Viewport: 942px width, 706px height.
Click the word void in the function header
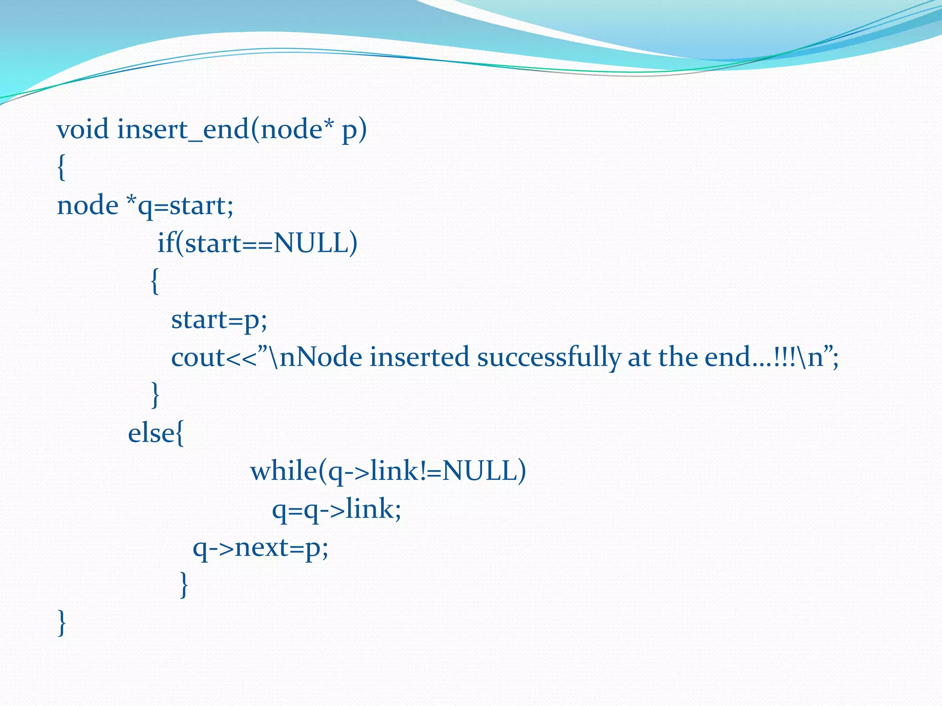click(83, 129)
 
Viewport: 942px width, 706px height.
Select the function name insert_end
click(183, 130)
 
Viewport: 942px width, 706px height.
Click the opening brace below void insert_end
click(61, 168)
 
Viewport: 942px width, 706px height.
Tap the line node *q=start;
click(145, 205)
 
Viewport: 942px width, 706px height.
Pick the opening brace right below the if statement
click(155, 281)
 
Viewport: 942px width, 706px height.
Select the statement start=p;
click(219, 320)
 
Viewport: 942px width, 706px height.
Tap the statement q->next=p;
click(260, 548)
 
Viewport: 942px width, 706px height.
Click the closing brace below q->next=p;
click(184, 585)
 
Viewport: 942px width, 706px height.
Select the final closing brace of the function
click(62, 623)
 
